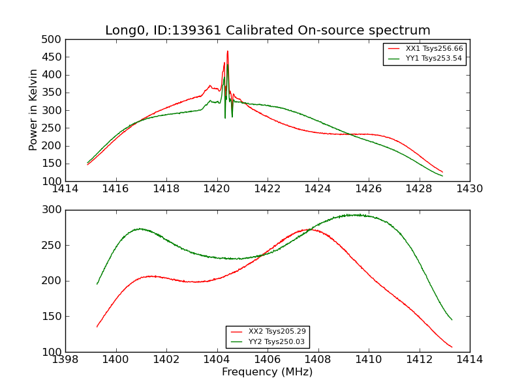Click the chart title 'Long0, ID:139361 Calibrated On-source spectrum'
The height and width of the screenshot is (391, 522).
[268, 31]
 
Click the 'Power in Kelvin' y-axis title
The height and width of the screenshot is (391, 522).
[34, 110]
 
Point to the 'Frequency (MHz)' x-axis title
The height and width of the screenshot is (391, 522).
[268, 372]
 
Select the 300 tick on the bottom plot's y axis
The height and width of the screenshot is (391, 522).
[53, 210]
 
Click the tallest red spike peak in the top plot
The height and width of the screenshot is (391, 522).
[227, 51]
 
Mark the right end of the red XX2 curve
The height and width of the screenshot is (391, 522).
[452, 347]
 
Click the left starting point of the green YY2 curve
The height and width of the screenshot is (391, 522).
[97, 283]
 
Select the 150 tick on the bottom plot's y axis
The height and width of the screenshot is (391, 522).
[53, 317]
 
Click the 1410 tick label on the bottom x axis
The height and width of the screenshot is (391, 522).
[368, 359]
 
